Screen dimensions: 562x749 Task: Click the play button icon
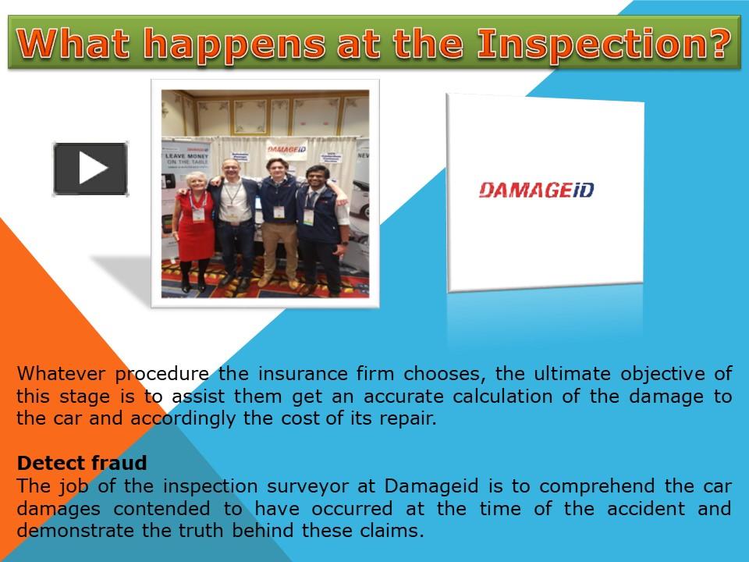91,169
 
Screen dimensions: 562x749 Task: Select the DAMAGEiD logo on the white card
535,190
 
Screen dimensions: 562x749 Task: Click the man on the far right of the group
320,226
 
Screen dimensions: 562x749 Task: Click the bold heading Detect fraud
82,464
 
